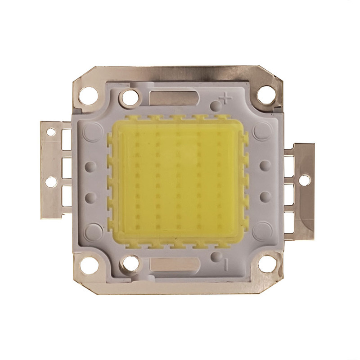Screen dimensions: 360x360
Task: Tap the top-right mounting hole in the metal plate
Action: [264, 94]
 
